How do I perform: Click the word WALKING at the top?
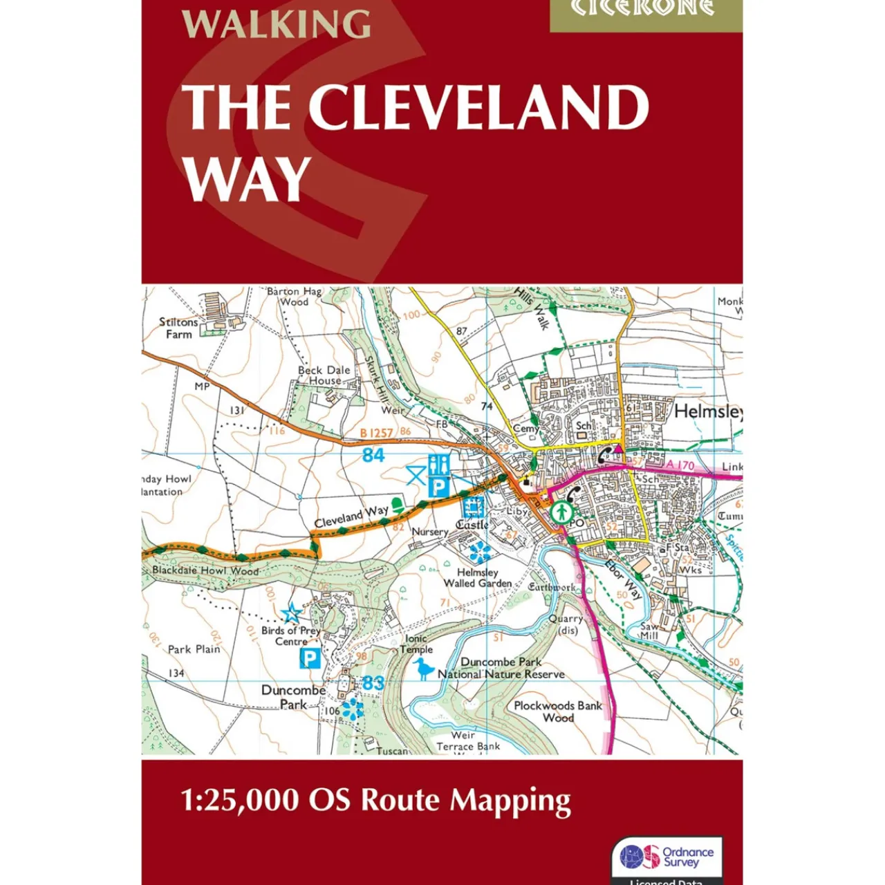click(276, 24)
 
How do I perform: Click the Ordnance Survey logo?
click(667, 857)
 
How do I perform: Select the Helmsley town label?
click(707, 412)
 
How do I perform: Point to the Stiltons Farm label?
click(178, 328)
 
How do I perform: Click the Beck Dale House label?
click(324, 375)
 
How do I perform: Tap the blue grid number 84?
click(373, 455)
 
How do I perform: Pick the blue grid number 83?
click(373, 682)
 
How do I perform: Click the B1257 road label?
click(377, 434)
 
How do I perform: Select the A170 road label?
click(680, 465)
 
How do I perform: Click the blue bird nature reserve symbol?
click(423, 669)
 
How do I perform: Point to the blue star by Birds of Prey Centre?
click(292, 613)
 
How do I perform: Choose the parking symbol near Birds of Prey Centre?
click(310, 658)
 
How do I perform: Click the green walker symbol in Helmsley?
click(561, 512)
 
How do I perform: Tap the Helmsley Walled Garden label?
click(478, 578)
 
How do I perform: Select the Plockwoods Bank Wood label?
click(558, 711)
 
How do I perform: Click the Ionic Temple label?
click(416, 644)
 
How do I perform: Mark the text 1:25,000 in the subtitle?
click(240, 801)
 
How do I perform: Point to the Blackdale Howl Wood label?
click(205, 570)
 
